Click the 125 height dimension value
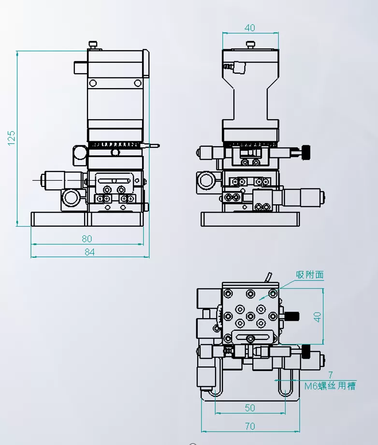coord(12,138)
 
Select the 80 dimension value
coord(87,238)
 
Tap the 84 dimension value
coord(89,252)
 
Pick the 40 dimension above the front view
coord(250,28)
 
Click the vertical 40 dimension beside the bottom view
coord(317,317)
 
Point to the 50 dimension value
coord(249,408)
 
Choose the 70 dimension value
coord(249,427)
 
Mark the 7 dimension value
coord(331,375)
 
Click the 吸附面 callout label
coord(310,275)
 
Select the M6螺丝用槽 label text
coord(330,386)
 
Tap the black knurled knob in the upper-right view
coord(306,152)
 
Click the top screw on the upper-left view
coord(94,45)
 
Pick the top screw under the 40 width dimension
coord(250,45)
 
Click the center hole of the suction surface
coord(250,316)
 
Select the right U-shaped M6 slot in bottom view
coord(285,383)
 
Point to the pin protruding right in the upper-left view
coord(152,145)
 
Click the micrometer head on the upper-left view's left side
coord(58,180)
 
